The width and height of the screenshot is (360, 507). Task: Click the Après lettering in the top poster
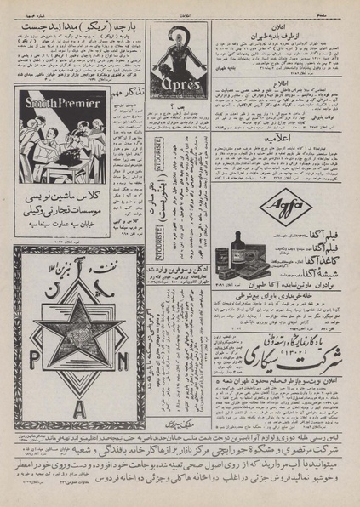pyautogui.click(x=179, y=87)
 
